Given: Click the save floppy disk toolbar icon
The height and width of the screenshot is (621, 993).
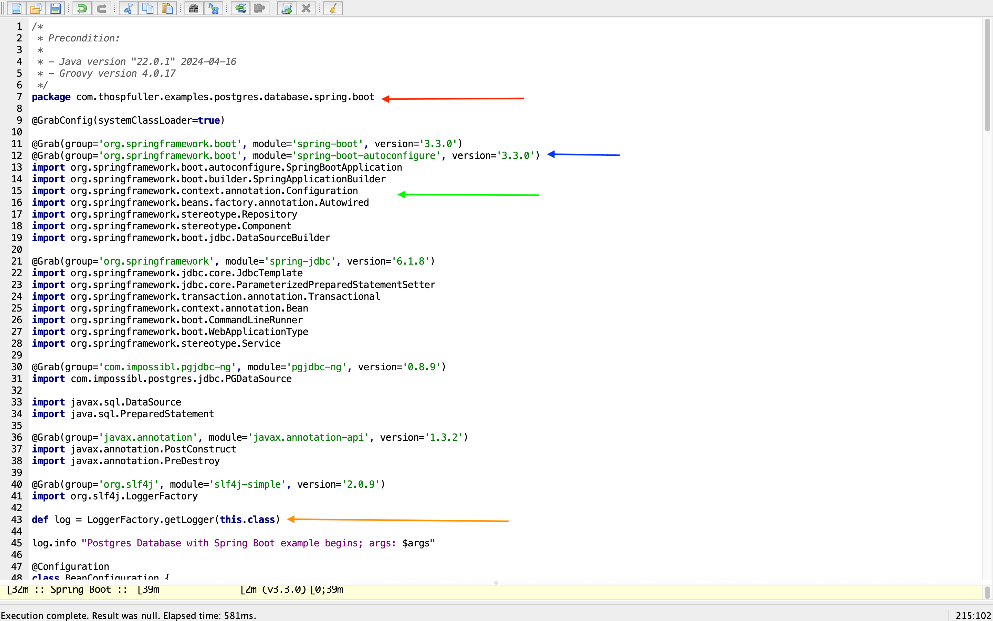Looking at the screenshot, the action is tap(55, 8).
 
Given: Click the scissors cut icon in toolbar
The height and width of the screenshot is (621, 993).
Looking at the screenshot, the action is tap(128, 8).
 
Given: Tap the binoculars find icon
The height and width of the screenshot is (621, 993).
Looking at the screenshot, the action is tap(194, 8).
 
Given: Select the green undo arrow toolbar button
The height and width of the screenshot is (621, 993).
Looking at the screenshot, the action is tap(82, 8).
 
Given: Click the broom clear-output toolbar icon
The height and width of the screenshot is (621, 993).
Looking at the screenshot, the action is tap(333, 8).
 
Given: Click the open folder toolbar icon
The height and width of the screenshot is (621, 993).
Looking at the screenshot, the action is tap(36, 8).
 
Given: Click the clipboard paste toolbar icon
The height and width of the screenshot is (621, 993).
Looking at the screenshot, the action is tap(167, 8).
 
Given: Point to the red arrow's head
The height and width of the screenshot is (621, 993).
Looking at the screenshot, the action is tap(383, 99).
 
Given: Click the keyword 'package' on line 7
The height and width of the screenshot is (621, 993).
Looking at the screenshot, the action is tap(51, 97).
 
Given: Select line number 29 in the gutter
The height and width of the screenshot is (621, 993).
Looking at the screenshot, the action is tap(17, 355).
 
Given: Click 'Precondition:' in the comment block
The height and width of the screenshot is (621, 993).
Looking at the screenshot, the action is tap(84, 38).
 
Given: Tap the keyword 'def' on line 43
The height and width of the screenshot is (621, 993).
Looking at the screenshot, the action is tap(40, 519).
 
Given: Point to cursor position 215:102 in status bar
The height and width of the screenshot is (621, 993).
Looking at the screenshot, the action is tap(973, 615).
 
